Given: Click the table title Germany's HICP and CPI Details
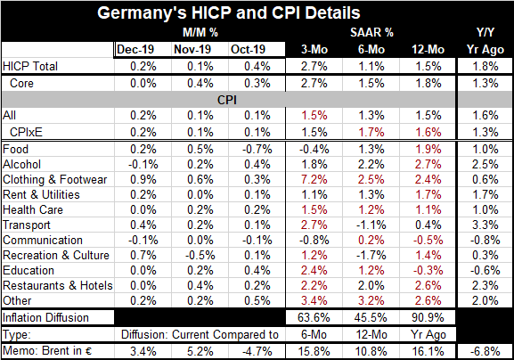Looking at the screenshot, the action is [x=228, y=13].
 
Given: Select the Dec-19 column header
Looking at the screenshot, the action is [x=135, y=50].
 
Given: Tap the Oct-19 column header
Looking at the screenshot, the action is [x=248, y=50].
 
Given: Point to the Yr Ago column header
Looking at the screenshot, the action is [x=485, y=50].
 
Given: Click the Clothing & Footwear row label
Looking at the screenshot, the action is [x=54, y=180].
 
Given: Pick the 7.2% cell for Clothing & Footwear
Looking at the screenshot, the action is [x=314, y=180].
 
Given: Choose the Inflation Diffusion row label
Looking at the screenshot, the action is [x=45, y=318].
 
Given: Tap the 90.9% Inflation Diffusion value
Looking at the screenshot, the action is [x=428, y=318].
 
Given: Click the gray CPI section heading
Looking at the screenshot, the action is [x=227, y=100].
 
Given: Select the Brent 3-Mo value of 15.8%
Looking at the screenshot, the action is [x=314, y=351].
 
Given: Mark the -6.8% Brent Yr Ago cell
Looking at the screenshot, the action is [x=485, y=351].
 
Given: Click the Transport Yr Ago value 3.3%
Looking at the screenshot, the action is [x=485, y=225].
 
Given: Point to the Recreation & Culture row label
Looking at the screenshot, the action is [x=56, y=256].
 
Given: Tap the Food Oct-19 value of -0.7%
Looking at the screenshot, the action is [x=257, y=150].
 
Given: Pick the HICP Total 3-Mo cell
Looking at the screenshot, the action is [x=314, y=67].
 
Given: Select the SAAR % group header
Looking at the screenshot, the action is [x=371, y=32].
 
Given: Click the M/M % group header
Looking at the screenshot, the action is [x=200, y=32].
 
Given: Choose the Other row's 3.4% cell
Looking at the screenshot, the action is [x=314, y=301].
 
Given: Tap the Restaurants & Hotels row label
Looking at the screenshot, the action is [x=58, y=286].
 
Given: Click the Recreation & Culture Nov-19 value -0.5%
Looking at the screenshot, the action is [x=200, y=256].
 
